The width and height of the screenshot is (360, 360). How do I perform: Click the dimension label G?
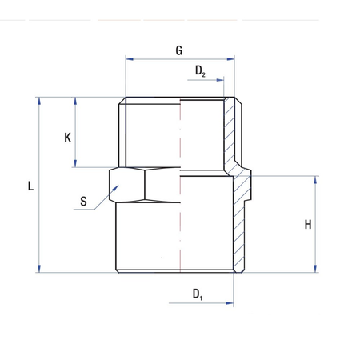(179, 50)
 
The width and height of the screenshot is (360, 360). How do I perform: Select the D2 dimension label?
(200, 70)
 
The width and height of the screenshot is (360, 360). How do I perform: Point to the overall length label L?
(30, 186)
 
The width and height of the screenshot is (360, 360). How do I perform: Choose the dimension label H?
(307, 225)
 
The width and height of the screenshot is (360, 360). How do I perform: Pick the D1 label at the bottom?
(198, 294)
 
